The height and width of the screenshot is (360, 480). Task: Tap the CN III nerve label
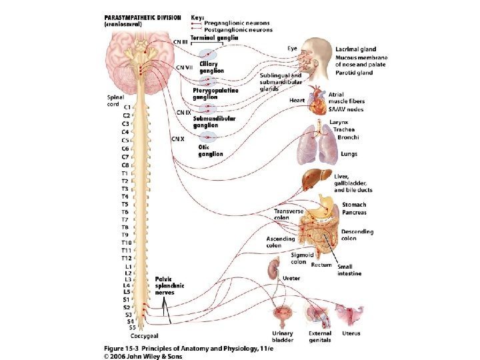(180, 42)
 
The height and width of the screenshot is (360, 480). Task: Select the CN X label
(177, 139)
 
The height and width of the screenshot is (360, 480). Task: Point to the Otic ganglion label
(210, 151)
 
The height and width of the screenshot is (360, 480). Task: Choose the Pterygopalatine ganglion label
(215, 94)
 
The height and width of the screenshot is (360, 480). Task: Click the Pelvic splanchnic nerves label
(169, 285)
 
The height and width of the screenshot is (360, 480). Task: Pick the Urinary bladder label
(282, 337)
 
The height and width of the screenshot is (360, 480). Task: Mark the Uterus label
(352, 333)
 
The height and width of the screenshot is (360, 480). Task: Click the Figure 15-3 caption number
(127, 349)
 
